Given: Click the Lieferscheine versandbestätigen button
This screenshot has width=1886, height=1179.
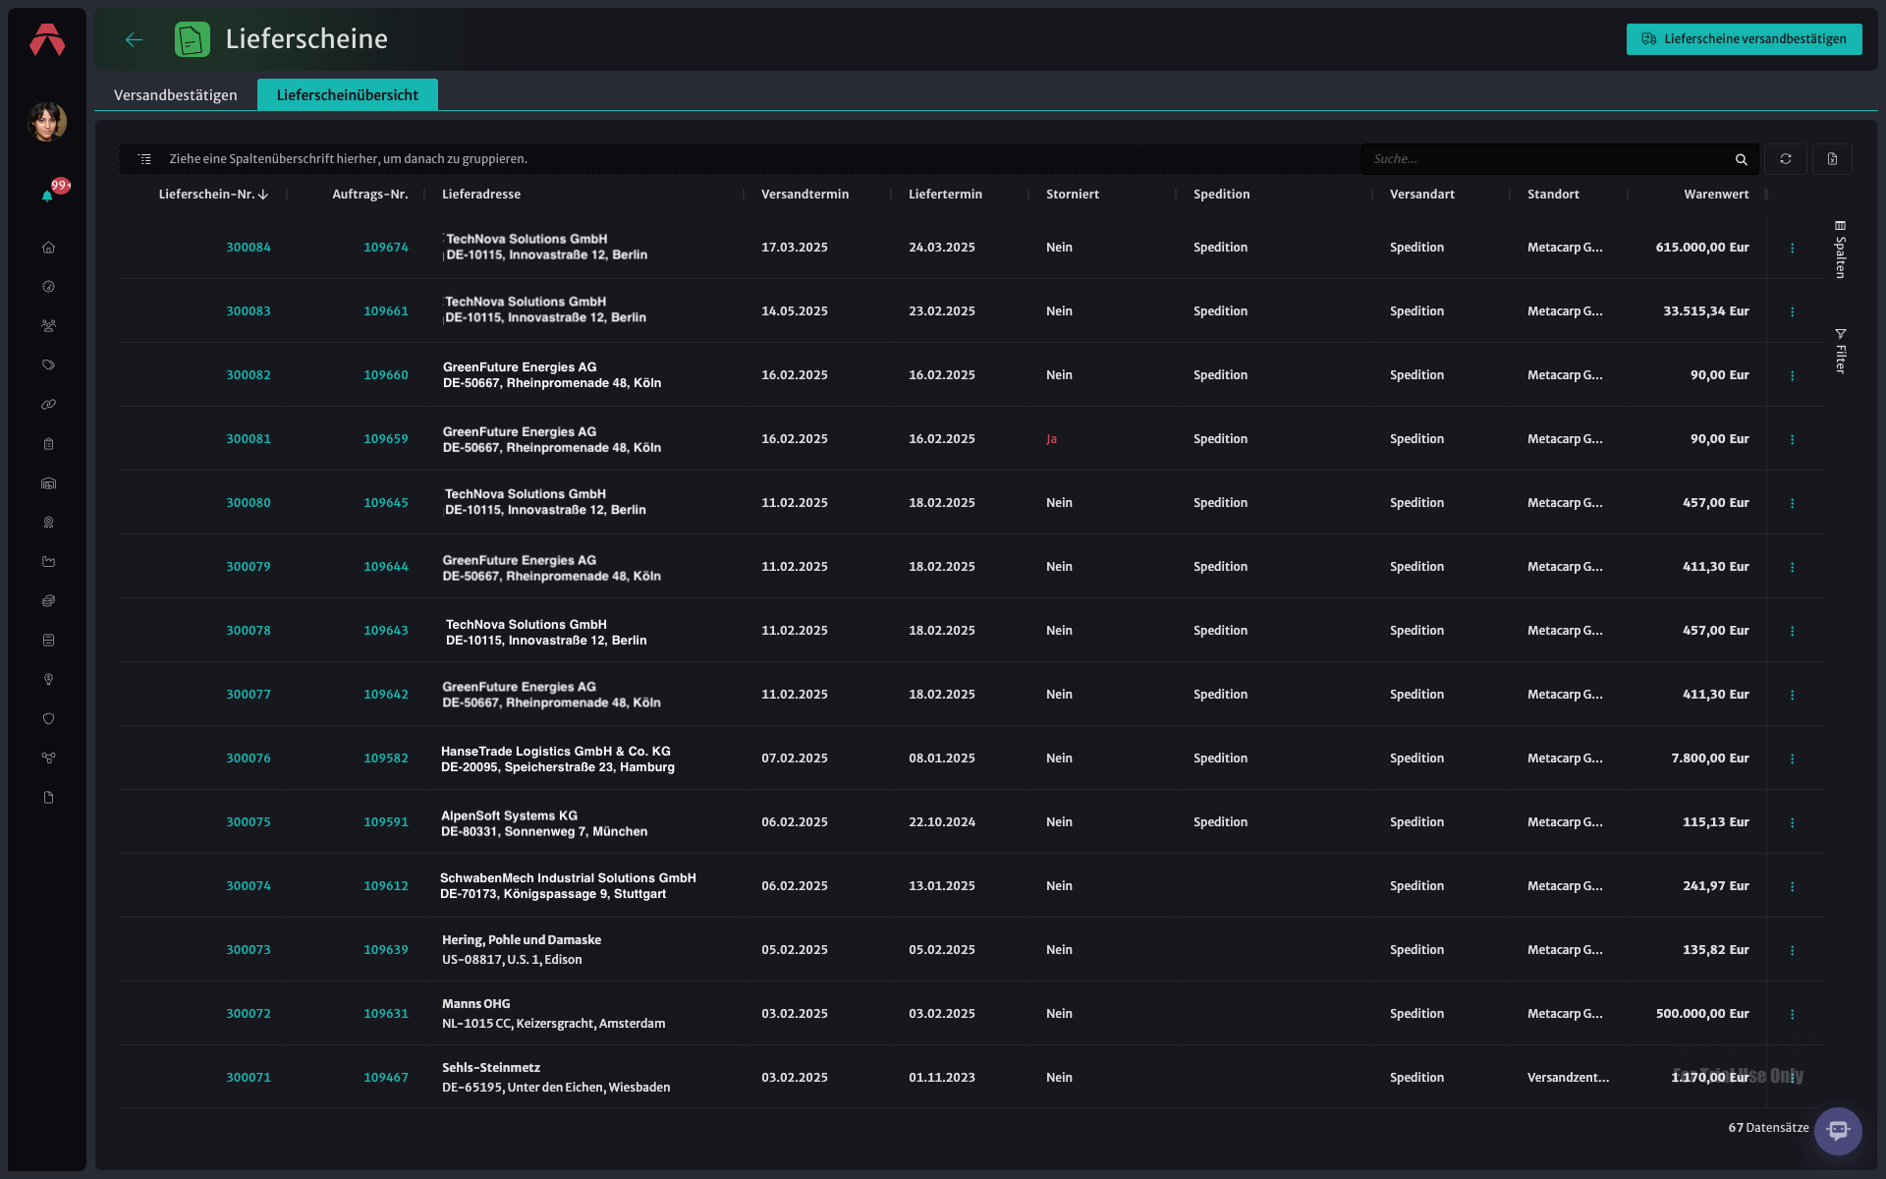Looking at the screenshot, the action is [x=1744, y=39].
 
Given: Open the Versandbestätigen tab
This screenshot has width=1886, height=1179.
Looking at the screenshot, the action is [x=176, y=95].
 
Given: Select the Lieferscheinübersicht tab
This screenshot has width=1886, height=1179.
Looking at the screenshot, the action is [x=348, y=95].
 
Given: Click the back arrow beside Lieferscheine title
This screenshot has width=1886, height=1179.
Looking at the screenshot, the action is [x=135, y=39].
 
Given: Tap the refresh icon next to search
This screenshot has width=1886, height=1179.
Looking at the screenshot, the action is [x=1786, y=159].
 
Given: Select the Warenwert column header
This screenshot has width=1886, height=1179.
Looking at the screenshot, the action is [x=1716, y=195].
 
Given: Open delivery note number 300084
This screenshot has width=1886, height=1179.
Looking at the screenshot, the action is [x=249, y=248].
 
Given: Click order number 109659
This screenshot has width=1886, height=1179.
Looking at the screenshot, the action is [x=386, y=439].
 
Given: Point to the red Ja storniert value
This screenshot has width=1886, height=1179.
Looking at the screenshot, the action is [x=1052, y=439].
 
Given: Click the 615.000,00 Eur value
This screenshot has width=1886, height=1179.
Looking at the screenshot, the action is [x=1702, y=248].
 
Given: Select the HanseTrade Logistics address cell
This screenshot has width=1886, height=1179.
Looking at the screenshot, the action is [x=558, y=758].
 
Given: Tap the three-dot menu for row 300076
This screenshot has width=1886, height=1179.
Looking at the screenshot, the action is [x=1793, y=758].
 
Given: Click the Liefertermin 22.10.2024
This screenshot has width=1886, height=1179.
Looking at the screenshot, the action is [x=942, y=822].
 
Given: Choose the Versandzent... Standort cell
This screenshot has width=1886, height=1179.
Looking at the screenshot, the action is [x=1568, y=1078].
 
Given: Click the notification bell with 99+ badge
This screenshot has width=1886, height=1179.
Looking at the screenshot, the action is [x=48, y=195].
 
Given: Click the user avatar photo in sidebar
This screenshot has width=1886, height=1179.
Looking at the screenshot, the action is [x=47, y=122].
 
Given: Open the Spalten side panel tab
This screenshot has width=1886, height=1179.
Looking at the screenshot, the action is [x=1841, y=250].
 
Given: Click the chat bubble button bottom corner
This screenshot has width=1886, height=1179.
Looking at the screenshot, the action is [x=1838, y=1131].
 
